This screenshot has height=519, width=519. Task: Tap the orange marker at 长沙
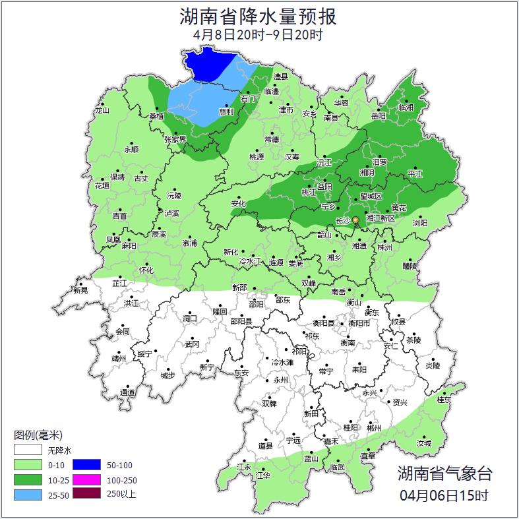coord(355,220)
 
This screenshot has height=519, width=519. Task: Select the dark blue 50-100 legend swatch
coord(86,466)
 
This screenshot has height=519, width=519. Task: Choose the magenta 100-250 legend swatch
coord(86,479)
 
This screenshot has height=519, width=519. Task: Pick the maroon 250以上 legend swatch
coord(86,493)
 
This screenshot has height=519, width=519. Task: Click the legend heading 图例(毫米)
coord(38,435)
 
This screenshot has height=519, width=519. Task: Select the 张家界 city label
coord(176,140)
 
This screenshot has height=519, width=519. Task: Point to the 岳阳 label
coord(379,116)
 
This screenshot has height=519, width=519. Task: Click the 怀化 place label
coord(146,270)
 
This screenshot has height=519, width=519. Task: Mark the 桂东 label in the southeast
coord(444,400)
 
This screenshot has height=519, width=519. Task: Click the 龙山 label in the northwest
coord(102,111)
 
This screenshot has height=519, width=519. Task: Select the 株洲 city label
coord(384,247)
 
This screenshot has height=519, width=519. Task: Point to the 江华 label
coord(263,475)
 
